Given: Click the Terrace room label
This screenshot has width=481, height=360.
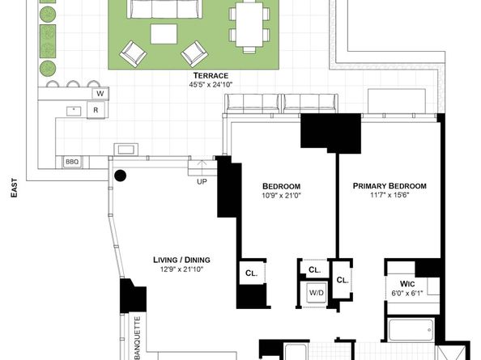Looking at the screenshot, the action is pos(211,75).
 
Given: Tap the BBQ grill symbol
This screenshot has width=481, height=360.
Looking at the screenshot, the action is pos(72,162).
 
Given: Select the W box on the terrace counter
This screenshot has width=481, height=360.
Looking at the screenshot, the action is pos(100,94).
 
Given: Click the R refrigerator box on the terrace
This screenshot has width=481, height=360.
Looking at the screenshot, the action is pos(96,110).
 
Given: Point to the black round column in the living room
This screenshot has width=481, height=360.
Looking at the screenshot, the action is pos(120,176).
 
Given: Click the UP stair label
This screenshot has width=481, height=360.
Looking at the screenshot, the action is pos(202,182).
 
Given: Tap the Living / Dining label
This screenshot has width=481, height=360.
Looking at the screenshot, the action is pos(181,260).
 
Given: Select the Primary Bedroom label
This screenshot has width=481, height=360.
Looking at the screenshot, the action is pos(389,186).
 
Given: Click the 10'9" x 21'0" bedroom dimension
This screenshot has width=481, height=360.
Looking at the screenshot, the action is pos(281,195).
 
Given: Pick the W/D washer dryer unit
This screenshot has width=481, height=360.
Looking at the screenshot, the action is pos(317,293).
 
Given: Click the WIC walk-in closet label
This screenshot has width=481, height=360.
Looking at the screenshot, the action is pos(407,284).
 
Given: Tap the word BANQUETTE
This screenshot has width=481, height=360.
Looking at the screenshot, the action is pos(138,338).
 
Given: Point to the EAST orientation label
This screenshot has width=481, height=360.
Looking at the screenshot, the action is pos(14,188).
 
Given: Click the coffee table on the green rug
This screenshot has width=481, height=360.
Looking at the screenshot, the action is pos(164,34).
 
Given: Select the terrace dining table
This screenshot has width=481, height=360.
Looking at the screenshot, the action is pos(249,24).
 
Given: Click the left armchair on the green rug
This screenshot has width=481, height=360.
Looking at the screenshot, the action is pos(133,53).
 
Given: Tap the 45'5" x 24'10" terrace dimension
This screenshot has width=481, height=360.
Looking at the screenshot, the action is pos(211,85).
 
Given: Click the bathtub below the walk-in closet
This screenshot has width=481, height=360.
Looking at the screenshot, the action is pos(411,330).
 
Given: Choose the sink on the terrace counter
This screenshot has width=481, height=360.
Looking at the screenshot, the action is pos(74,111).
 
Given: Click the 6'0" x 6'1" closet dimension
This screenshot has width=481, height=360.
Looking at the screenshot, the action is pos(407,293).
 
